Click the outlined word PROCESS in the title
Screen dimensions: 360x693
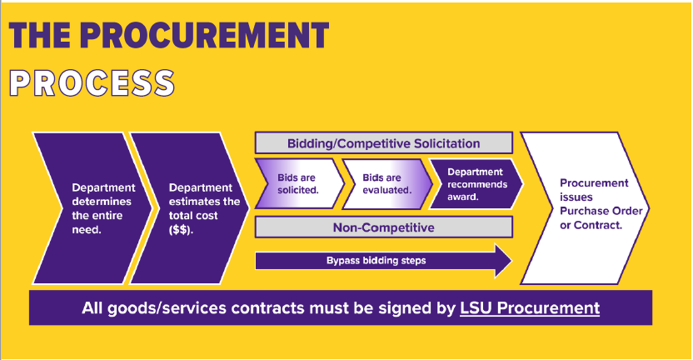(91, 82)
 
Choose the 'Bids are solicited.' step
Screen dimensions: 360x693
(298, 184)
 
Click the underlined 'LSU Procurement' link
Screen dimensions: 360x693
(530, 307)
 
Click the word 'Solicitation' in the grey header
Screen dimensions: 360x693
(438, 143)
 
